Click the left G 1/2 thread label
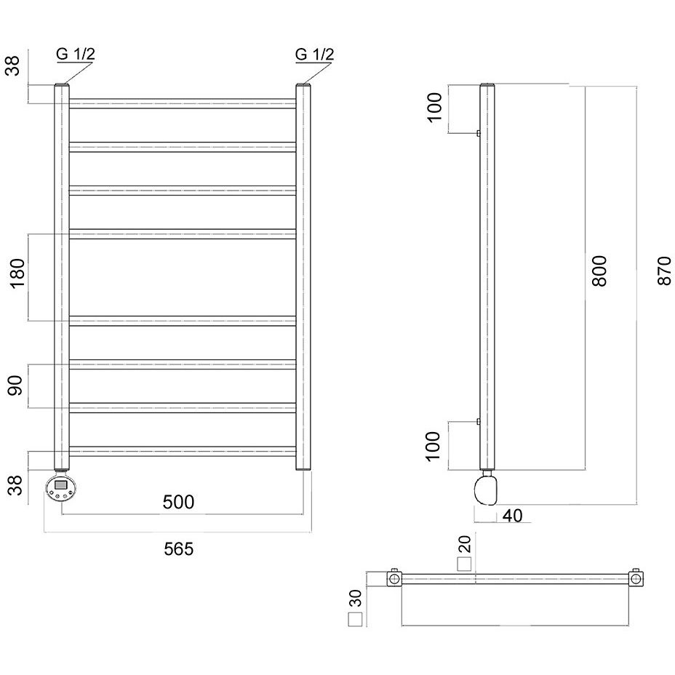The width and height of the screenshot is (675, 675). [76, 55]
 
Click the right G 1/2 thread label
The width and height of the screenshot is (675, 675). [314, 55]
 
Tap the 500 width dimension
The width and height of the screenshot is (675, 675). [178, 502]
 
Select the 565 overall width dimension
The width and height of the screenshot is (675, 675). [178, 549]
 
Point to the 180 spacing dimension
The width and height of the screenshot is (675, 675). [17, 273]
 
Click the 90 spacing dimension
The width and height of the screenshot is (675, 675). [15, 386]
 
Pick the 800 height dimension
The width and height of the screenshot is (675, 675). [599, 271]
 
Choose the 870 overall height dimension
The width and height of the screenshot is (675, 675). [665, 271]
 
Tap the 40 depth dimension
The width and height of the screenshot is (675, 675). [512, 516]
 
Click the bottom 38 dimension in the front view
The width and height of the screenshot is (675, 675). [15, 485]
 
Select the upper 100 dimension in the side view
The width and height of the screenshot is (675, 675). [435, 108]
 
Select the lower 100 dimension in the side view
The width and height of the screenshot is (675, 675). [433, 446]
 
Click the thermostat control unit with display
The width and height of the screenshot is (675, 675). [60, 487]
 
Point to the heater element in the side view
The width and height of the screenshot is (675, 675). [486, 488]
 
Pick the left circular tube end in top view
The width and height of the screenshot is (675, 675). [394, 578]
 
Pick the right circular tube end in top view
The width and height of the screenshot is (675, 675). [636, 578]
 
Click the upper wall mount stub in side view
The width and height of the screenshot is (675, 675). [479, 133]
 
